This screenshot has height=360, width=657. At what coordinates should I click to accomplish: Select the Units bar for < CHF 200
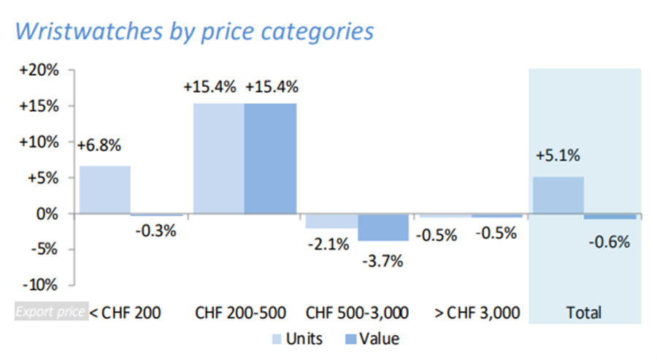(x=105, y=190)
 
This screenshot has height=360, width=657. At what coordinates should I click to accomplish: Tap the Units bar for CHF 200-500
(x=218, y=158)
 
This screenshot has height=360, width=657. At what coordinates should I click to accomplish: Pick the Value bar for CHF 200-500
(x=271, y=158)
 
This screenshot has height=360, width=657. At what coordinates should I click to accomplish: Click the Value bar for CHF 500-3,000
(x=384, y=228)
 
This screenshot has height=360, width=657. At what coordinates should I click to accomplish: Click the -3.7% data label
(x=382, y=260)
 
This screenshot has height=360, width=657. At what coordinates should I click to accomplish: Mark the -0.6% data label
(x=608, y=242)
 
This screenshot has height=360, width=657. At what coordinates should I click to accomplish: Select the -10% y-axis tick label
(x=42, y=285)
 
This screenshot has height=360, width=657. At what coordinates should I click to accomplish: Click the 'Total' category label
(x=584, y=313)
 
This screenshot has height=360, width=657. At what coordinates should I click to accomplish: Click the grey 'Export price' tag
(x=50, y=313)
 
